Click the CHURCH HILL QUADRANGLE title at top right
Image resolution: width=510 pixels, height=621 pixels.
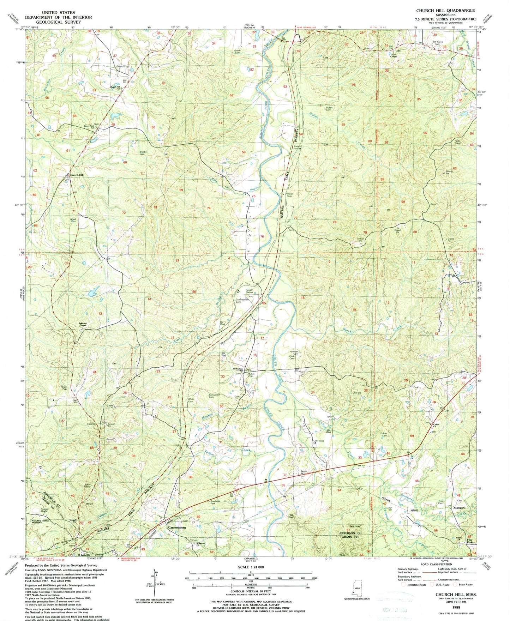[445, 11]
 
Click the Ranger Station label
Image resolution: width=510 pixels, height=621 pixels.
[249, 291]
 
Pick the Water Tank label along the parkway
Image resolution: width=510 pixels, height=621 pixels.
[290, 195]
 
